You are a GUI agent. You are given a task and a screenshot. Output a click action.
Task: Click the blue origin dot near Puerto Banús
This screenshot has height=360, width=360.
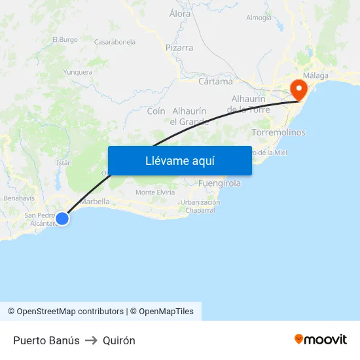[x=62, y=219]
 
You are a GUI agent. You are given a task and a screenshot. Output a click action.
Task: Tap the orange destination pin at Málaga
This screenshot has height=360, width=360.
[x=298, y=90]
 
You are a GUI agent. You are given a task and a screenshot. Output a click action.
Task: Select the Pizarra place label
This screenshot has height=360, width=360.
[x=179, y=48]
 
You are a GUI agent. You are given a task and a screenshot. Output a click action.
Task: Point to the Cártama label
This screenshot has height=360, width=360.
[x=215, y=82]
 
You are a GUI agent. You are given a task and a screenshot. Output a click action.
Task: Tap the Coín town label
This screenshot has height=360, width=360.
[x=156, y=111]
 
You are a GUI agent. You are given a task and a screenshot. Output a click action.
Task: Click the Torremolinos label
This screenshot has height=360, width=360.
[x=278, y=132]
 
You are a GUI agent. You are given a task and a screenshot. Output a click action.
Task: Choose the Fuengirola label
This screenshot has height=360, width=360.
[x=219, y=183]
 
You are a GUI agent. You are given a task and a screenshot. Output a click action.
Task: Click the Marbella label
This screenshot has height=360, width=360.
[x=94, y=202]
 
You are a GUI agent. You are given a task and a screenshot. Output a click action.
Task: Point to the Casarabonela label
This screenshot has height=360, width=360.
[x=115, y=42]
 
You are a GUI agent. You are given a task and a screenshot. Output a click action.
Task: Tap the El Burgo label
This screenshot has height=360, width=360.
[x=65, y=40]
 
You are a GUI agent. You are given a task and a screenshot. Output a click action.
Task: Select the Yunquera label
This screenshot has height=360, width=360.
[x=78, y=72]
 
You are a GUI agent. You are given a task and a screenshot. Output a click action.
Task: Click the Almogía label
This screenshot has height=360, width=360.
[x=259, y=18]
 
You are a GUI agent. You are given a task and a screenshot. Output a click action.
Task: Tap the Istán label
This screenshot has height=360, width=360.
[x=64, y=162]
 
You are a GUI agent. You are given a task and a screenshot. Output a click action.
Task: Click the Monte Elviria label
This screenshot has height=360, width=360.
[x=155, y=192]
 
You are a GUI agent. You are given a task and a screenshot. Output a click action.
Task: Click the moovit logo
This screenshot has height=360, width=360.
[x=320, y=339]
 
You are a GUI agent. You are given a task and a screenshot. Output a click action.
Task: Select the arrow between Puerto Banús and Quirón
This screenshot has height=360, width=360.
[x=91, y=340]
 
